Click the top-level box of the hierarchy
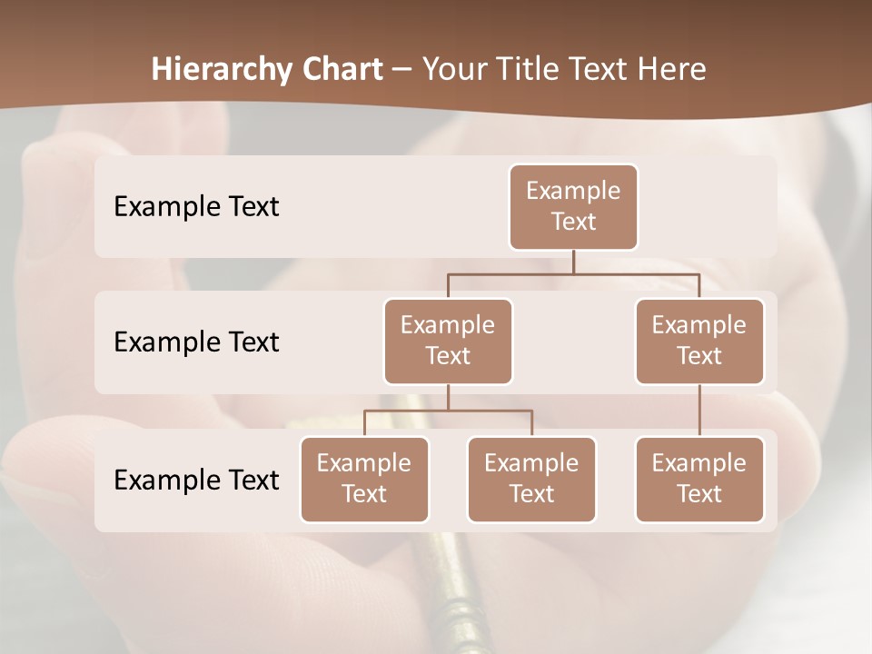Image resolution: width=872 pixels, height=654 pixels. click(573, 206)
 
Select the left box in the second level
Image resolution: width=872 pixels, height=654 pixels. click(448, 341)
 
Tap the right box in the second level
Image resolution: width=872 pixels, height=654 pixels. click(699, 341)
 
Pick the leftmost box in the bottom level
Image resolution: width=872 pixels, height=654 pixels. click(364, 479)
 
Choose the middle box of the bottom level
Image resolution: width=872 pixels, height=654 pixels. click(531, 479)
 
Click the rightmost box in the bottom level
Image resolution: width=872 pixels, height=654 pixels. click(699, 479)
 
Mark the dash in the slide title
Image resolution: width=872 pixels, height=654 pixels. click(402, 70)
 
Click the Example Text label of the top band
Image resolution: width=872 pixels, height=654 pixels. click(196, 206)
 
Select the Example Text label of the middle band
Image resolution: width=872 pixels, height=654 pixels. click(196, 342)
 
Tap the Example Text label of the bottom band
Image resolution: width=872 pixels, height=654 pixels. click(196, 480)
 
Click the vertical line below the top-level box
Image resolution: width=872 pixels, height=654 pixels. click(573, 262)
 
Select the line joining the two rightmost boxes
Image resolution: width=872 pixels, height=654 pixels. click(699, 411)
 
